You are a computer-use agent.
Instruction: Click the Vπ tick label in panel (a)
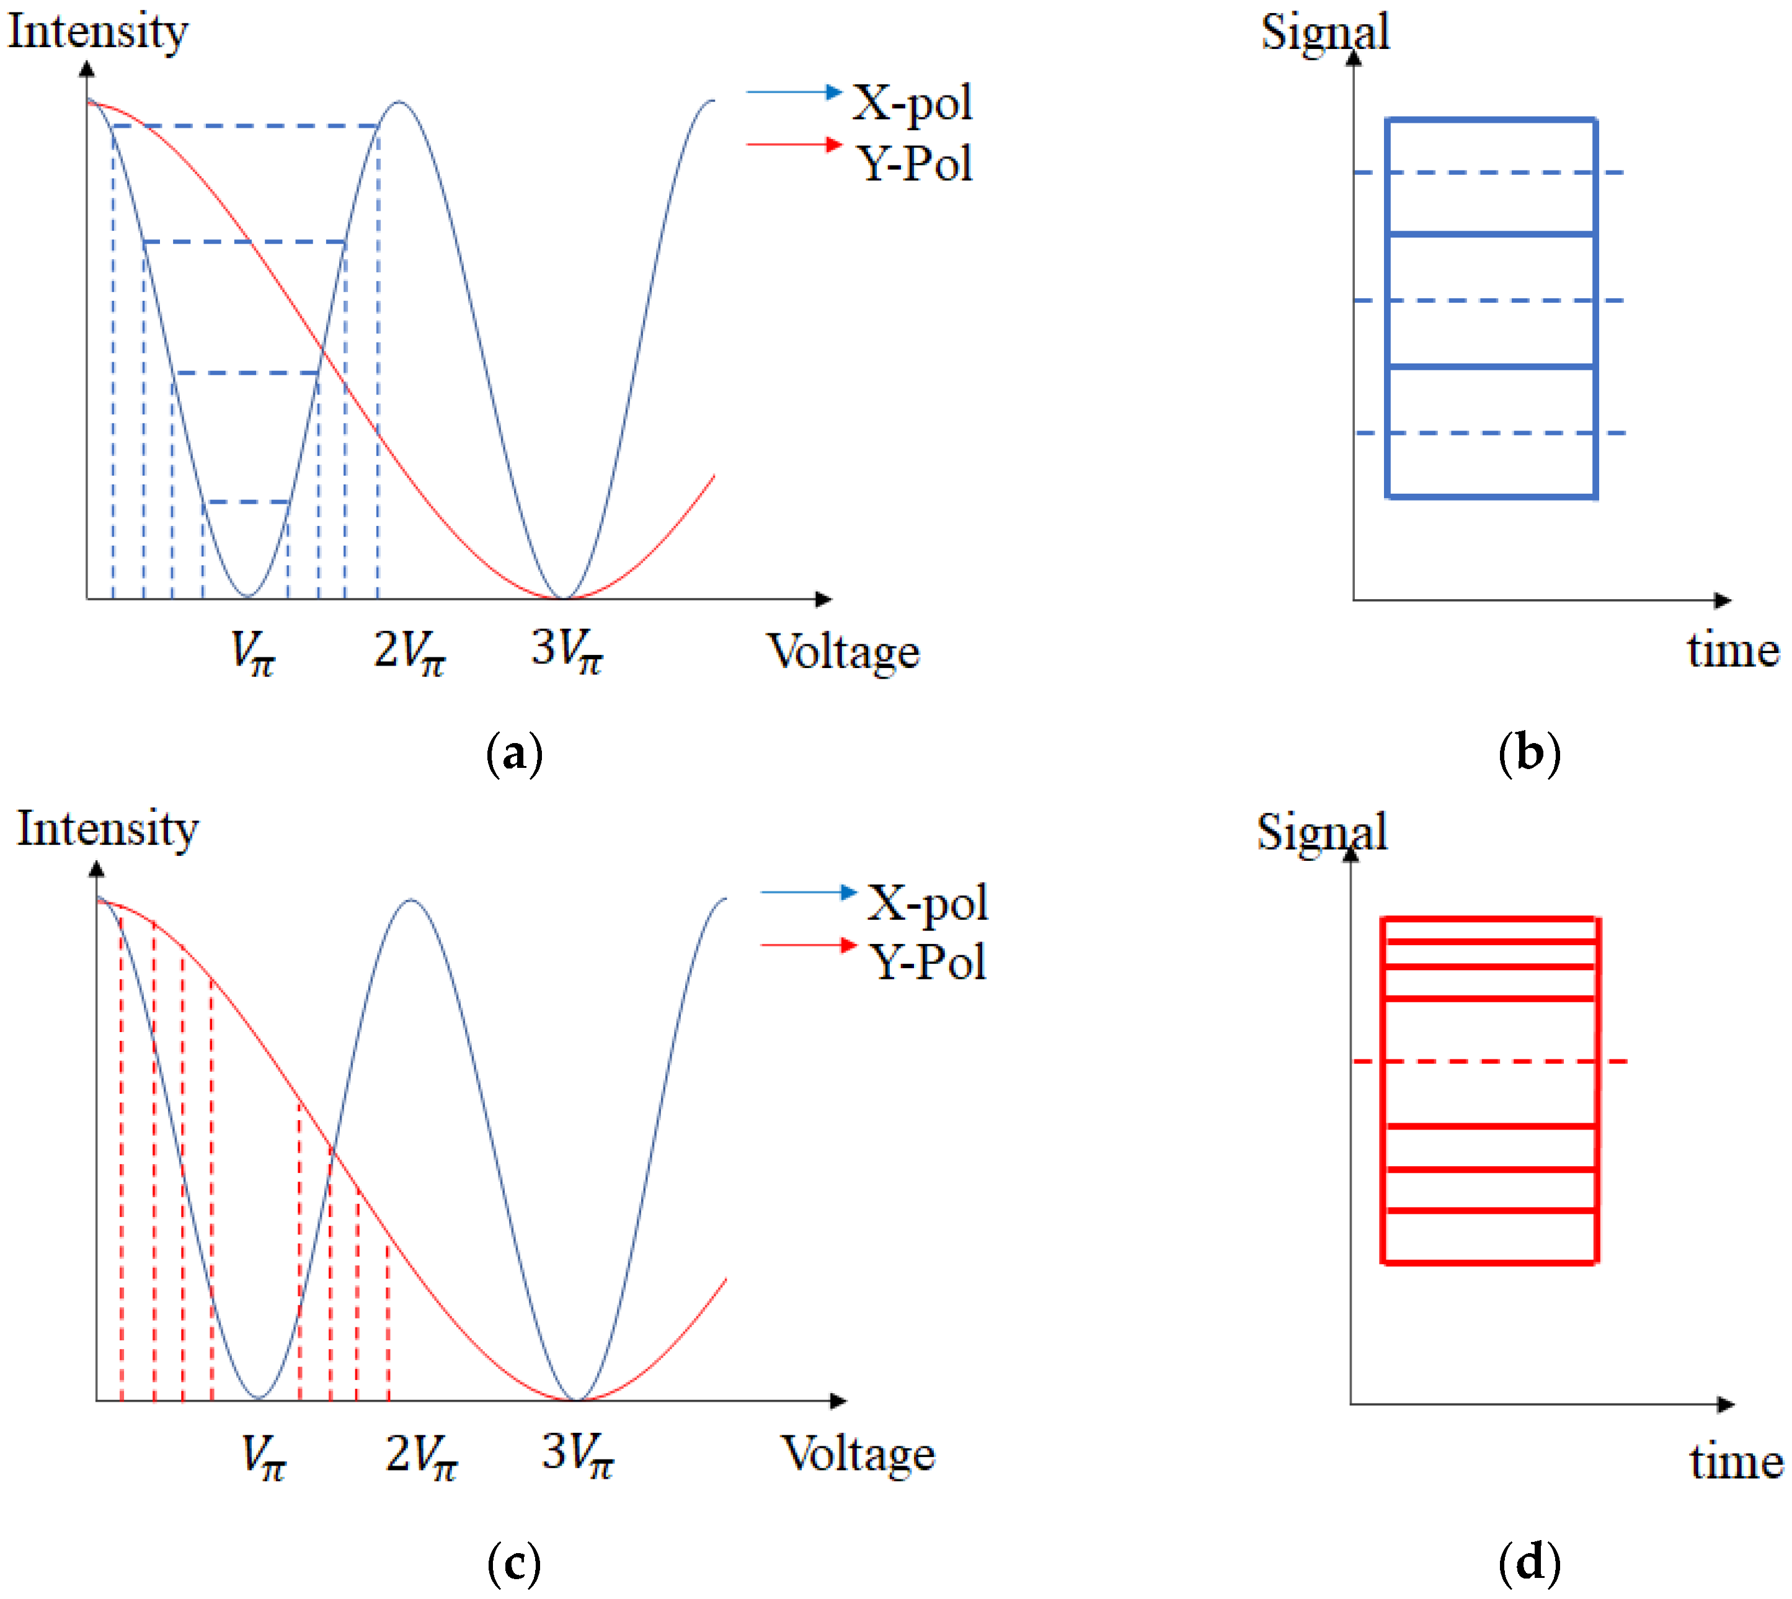pos(252,653)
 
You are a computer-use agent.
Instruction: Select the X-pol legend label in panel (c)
pos(928,902)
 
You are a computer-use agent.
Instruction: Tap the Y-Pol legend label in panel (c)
pos(928,962)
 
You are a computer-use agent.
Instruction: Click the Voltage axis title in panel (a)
pos(843,652)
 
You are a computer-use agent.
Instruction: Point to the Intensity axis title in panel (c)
pos(108,829)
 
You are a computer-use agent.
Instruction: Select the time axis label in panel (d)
pos(1736,1463)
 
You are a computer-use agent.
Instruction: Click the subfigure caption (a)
pos(514,754)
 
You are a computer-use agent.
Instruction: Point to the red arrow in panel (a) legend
pos(794,144)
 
